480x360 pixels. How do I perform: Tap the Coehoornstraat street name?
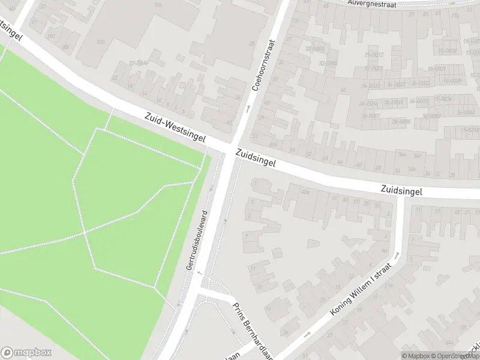click(264, 65)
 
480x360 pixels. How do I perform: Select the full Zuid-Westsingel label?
click(175, 128)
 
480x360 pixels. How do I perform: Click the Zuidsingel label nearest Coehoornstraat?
click(256, 159)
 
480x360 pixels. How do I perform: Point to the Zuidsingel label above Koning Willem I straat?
click(401, 191)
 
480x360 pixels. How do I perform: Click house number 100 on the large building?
click(100, 42)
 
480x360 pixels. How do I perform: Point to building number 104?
click(158, 5)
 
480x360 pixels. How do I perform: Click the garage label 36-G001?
click(370, 115)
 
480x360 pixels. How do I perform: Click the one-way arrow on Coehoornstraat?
click(247, 109)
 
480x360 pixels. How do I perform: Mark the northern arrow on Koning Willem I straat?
click(396, 254)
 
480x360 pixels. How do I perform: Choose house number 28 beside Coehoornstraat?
click(251, 44)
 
